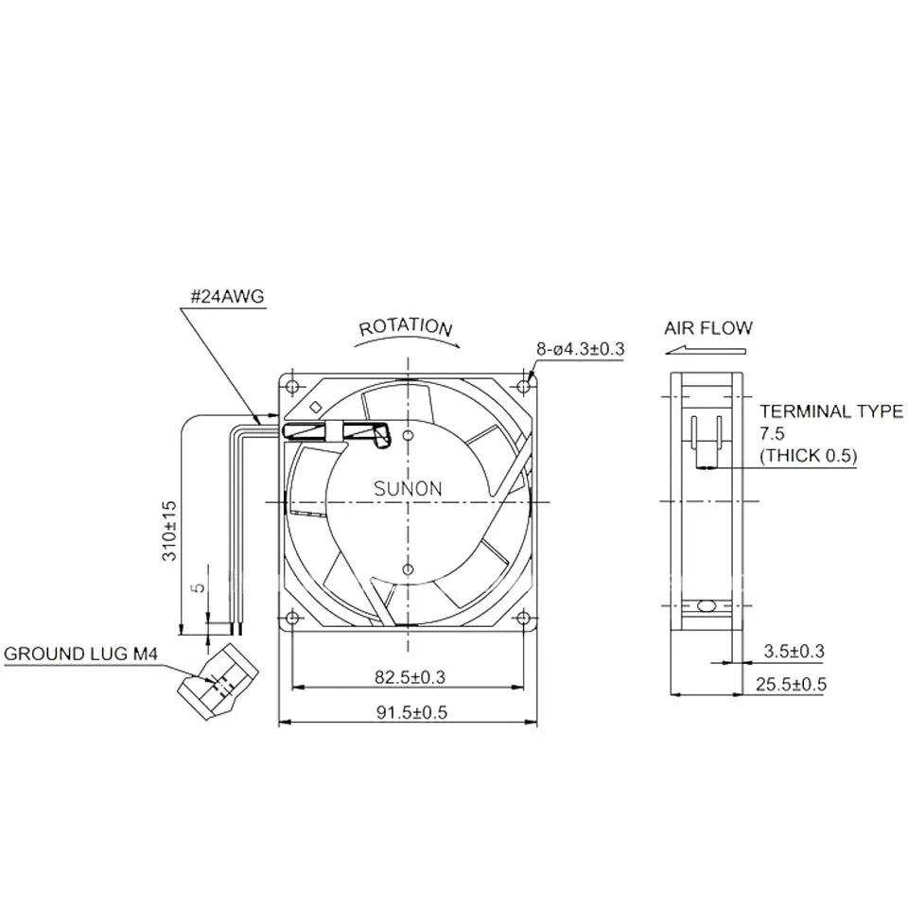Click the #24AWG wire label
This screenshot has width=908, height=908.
[x=227, y=296]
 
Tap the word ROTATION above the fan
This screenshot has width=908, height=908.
[x=406, y=327]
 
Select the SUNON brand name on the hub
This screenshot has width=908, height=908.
[x=408, y=489]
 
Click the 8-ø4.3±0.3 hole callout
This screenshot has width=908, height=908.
[x=580, y=349]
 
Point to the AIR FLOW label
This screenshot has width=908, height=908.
[x=707, y=328]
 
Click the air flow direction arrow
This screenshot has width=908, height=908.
[x=706, y=350]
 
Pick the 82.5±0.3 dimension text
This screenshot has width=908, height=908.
[x=410, y=677]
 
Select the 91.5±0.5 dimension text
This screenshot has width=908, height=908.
[x=411, y=712]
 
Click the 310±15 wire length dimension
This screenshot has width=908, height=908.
[x=169, y=531]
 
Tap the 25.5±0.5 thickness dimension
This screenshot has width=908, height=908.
[x=791, y=685]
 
